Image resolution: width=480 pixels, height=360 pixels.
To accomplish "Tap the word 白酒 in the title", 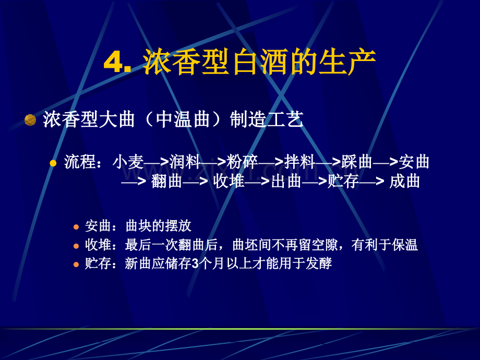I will tap(232, 63).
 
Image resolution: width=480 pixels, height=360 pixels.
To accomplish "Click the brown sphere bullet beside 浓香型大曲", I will tap(30, 121).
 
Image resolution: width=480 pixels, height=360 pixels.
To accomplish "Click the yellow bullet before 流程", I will tap(53, 163).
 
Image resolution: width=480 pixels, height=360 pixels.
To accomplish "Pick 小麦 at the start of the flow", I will tap(128, 162).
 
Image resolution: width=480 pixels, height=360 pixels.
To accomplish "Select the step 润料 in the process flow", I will tap(185, 162).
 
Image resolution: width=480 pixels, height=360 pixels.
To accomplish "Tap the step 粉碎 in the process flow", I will tap(243, 162).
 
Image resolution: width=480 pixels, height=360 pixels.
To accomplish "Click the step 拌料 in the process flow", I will tap(300, 162).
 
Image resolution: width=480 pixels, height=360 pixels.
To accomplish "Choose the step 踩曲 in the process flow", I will tap(357, 162).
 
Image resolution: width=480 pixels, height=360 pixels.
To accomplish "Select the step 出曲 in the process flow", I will tap(287, 182).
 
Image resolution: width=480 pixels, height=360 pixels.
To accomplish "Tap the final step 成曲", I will tap(405, 182).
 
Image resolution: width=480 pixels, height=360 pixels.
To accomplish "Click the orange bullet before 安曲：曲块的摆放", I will tap(76, 227).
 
